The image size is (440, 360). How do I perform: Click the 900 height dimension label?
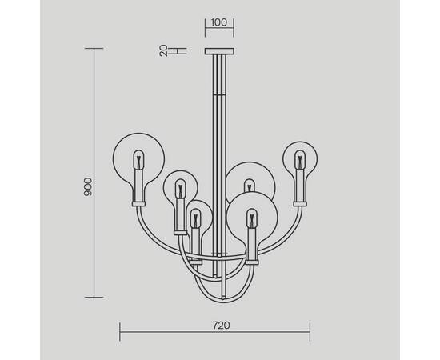pos(90,186)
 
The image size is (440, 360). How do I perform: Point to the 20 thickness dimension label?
pos(162,50)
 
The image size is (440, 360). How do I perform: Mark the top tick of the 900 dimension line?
pos(94,49)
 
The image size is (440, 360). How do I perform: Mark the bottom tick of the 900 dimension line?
pos(94,296)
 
